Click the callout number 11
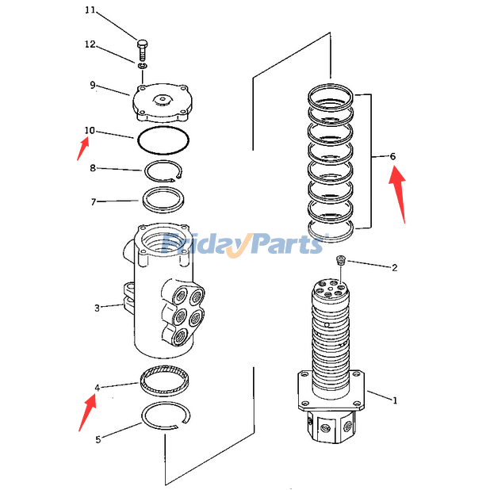90,10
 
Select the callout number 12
90,44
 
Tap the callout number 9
92,85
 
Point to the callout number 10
90,130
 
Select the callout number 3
97,308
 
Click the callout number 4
97,388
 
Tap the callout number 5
97,439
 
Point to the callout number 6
392,156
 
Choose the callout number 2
394,267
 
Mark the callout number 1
394,400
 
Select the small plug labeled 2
340,260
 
